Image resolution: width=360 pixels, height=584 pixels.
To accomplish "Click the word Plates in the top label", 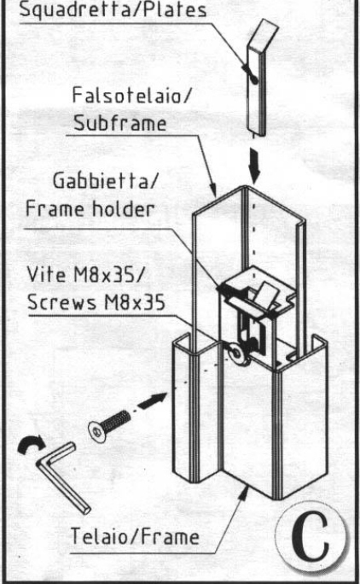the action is tap(175, 9).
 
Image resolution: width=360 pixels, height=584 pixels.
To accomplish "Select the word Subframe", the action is tap(120, 122).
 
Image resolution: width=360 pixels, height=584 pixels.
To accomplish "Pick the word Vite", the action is tap(46, 274).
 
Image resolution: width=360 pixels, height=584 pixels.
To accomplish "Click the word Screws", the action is tap(61, 301).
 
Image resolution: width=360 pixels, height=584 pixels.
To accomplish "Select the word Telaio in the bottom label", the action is tap(98, 536).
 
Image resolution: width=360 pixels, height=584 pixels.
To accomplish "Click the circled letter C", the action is tap(311, 537).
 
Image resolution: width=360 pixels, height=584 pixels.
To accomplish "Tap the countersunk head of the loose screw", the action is tap(96, 432).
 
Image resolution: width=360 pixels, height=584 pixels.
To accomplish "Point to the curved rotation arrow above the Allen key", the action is tap(32, 442).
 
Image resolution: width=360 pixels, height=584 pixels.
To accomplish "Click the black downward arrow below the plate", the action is tap(254, 165).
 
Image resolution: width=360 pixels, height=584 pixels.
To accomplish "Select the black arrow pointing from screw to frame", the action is tap(153, 400).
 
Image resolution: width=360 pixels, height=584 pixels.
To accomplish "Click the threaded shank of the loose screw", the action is tap(116, 420).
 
